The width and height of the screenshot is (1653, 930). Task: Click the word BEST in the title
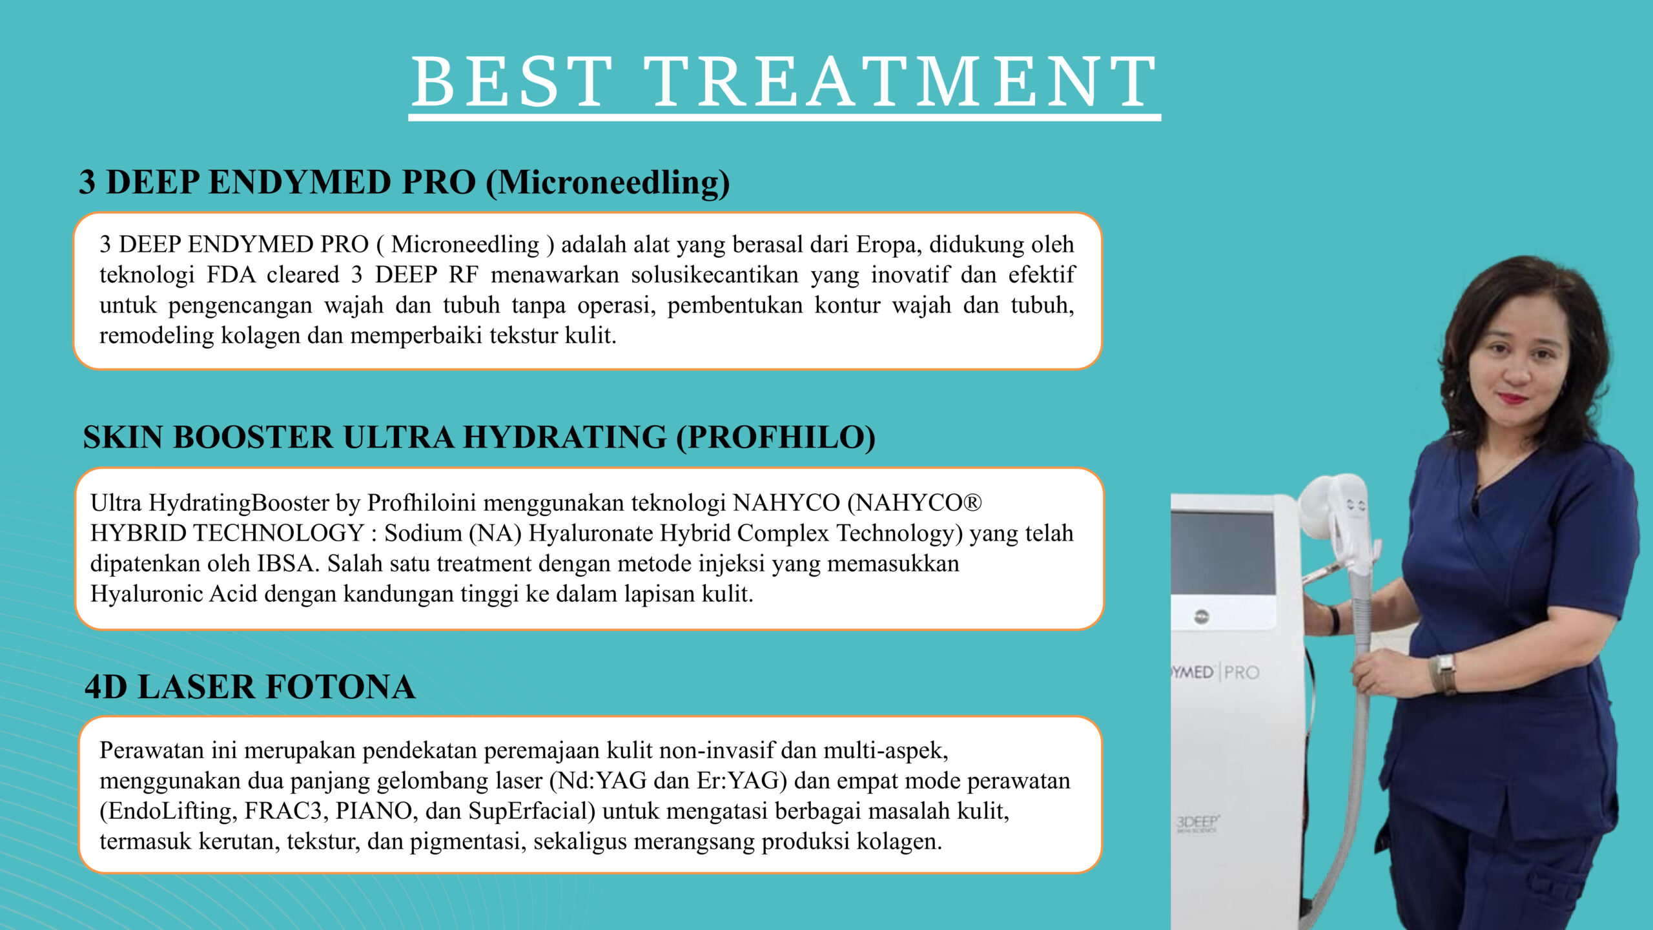click(512, 81)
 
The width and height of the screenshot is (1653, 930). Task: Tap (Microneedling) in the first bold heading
click(608, 183)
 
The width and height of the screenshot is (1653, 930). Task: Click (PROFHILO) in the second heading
click(775, 437)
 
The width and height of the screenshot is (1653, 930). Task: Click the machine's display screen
click(1223, 553)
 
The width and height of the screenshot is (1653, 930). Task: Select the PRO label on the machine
click(1242, 672)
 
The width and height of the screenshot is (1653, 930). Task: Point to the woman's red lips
click(1512, 398)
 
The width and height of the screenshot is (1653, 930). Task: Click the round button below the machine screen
click(1201, 616)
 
